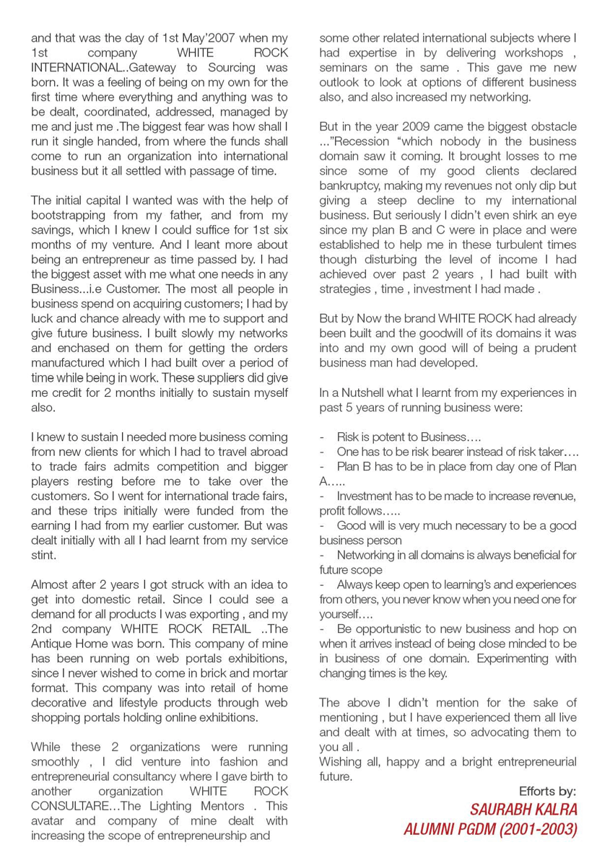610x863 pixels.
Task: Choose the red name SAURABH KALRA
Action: click(523, 808)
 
